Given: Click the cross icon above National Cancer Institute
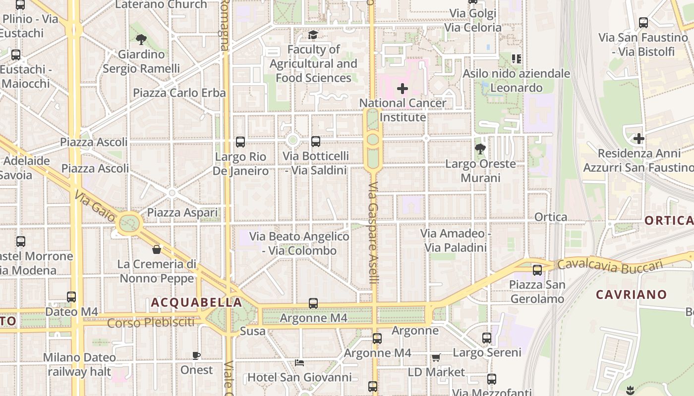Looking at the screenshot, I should tap(403, 89).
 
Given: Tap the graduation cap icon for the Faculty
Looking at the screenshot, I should tap(313, 35).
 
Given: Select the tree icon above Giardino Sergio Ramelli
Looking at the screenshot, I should tap(141, 39).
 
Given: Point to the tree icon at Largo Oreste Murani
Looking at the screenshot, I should tap(480, 148).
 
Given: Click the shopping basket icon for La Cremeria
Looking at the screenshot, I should tap(157, 249).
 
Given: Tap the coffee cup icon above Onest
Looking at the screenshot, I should tap(196, 355).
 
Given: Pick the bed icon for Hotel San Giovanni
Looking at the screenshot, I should tap(299, 363).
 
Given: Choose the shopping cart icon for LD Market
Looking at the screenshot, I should tap(436, 357).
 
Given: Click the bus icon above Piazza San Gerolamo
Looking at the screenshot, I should tap(537, 270).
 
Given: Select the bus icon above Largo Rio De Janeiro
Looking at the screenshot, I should tap(240, 142).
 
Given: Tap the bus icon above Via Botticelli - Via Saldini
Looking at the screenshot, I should tap(316, 142).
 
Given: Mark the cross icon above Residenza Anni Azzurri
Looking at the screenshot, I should tap(638, 139).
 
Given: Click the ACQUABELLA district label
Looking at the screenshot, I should tap(197, 302).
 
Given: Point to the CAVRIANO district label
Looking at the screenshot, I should tap(632, 295).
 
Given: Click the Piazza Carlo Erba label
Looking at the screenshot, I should tap(179, 93).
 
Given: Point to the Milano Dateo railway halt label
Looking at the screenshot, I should tap(79, 364).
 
